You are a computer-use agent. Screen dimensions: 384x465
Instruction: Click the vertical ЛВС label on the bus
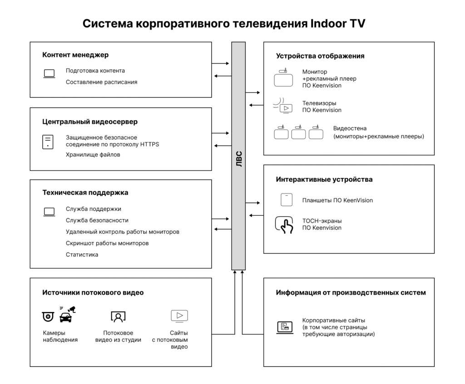(239, 159)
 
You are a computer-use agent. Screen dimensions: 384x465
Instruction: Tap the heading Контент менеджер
(75, 55)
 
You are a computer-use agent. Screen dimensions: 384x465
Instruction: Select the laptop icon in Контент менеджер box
(49, 73)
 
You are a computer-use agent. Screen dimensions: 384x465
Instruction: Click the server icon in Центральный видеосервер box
(48, 141)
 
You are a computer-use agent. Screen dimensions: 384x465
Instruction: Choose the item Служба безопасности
(97, 220)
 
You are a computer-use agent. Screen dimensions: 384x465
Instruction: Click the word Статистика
(82, 254)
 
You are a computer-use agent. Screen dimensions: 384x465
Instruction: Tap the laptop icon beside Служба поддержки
(49, 212)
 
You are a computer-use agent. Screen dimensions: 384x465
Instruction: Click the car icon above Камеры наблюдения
(66, 316)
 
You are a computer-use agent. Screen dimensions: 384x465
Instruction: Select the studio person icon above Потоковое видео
(118, 316)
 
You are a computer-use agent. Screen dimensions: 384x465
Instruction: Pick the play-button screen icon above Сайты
(179, 316)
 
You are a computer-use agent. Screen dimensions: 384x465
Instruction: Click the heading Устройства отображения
(320, 56)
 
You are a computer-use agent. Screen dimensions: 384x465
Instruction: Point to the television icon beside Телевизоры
(285, 108)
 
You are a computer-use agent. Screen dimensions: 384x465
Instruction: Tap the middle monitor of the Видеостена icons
(298, 133)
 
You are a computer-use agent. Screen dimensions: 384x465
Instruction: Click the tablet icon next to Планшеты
(285, 200)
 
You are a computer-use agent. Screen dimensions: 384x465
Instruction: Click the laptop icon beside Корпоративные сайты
(285, 327)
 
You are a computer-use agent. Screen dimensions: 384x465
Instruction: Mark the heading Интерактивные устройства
(324, 179)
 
